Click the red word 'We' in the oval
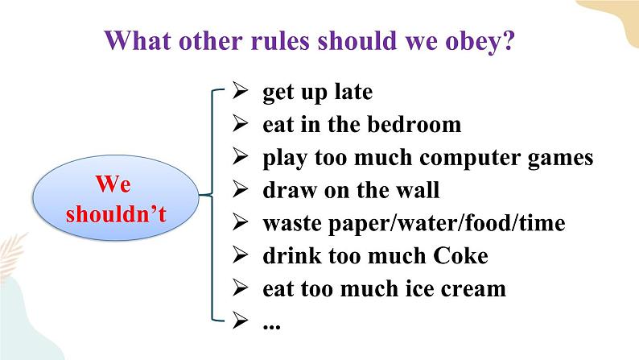tap(113, 184)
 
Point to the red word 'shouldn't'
tap(116, 213)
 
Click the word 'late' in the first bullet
tap(353, 91)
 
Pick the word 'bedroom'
tap(414, 124)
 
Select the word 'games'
tap(560, 159)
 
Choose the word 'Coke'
tap(460, 255)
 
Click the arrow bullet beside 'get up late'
tap(240, 90)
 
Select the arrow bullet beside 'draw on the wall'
tap(240, 189)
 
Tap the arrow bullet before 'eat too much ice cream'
tap(240, 288)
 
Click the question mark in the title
tap(509, 41)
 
